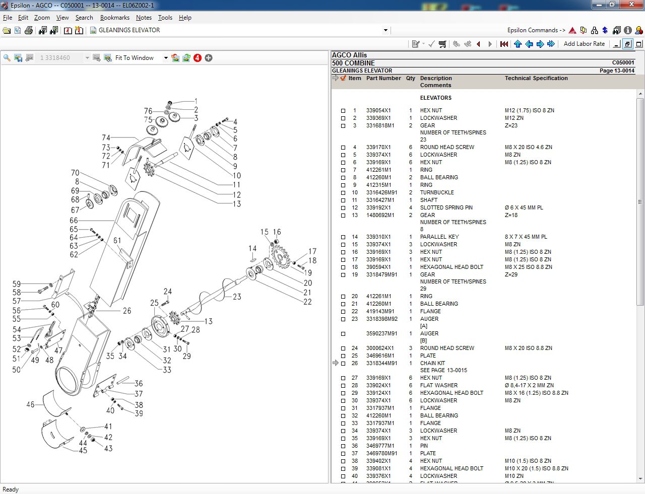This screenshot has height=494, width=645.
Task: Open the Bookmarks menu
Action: (114, 18)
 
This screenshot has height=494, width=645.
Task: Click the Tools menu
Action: (165, 18)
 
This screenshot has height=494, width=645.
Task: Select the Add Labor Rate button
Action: (584, 44)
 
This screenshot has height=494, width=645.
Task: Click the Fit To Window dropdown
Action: (166, 58)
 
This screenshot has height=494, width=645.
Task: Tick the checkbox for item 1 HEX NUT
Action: (343, 111)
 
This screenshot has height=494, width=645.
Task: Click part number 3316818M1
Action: (380, 125)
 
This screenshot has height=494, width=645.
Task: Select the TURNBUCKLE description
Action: (437, 192)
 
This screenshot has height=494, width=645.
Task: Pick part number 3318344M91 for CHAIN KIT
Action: (381, 363)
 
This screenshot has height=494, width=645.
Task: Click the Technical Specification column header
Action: (536, 78)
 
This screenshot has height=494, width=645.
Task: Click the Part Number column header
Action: (383, 78)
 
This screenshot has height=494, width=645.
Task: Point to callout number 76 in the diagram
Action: (148, 111)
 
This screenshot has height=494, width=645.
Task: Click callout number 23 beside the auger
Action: (237, 297)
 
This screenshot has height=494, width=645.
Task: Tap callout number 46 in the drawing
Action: (30, 404)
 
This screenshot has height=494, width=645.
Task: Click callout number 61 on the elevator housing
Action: (117, 241)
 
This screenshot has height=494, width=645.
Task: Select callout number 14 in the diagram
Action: (252, 248)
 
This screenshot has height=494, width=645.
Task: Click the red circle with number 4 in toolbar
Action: (198, 58)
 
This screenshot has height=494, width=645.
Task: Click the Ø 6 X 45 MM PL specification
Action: (524, 207)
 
